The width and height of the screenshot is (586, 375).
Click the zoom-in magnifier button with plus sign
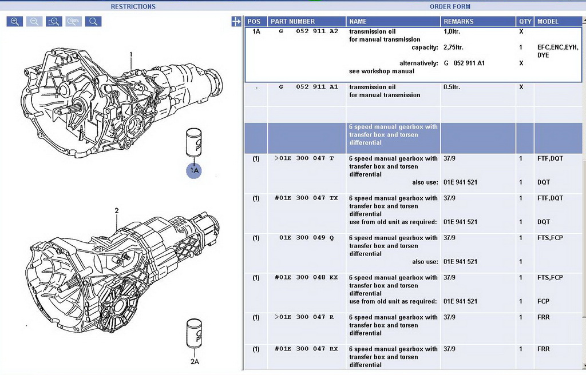[15, 22]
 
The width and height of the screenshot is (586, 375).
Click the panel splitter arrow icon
[236, 22]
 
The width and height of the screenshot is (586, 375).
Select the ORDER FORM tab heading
[450, 7]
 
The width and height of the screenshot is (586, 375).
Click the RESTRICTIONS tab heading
[133, 7]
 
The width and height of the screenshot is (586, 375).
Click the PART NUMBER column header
[292, 22]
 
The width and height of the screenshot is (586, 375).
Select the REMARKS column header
[458, 22]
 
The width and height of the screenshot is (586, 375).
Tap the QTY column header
[525, 22]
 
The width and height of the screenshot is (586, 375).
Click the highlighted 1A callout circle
[194, 170]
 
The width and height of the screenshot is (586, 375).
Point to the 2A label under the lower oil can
[194, 361]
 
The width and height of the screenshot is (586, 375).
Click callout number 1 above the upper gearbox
[130, 55]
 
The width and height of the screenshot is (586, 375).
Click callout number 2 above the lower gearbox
[116, 210]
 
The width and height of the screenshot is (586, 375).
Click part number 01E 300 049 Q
[306, 238]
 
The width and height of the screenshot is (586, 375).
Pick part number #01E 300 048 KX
[306, 277]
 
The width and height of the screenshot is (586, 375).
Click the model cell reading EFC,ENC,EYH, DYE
[557, 51]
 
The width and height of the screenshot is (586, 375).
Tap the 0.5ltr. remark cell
[454, 87]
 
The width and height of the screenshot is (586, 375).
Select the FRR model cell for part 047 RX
[543, 349]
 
